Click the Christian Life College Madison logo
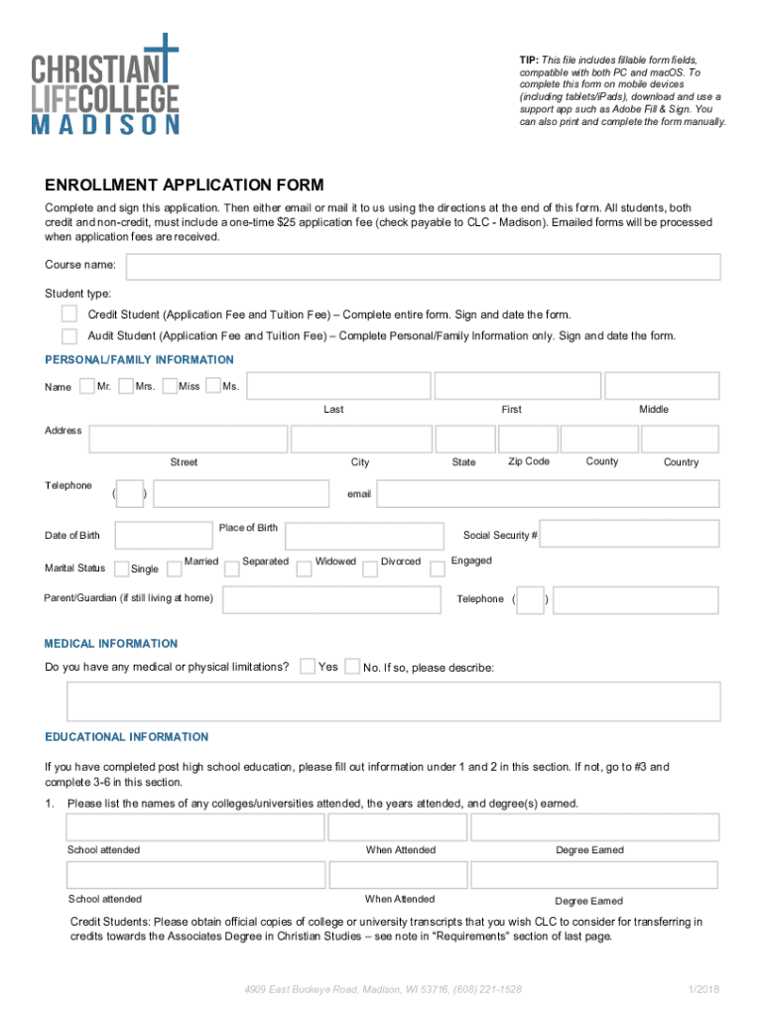[x=106, y=83]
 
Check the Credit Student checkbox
[x=69, y=314]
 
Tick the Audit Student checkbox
[x=69, y=335]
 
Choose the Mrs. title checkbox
[x=126, y=385]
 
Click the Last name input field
[x=333, y=386]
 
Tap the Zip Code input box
[x=527, y=440]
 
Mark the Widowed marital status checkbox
[x=304, y=564]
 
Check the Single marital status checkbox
[x=121, y=569]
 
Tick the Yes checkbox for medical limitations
[x=309, y=666]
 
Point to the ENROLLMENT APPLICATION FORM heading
[x=184, y=186]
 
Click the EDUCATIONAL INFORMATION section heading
[x=127, y=737]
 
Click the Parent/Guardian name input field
[x=330, y=599]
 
